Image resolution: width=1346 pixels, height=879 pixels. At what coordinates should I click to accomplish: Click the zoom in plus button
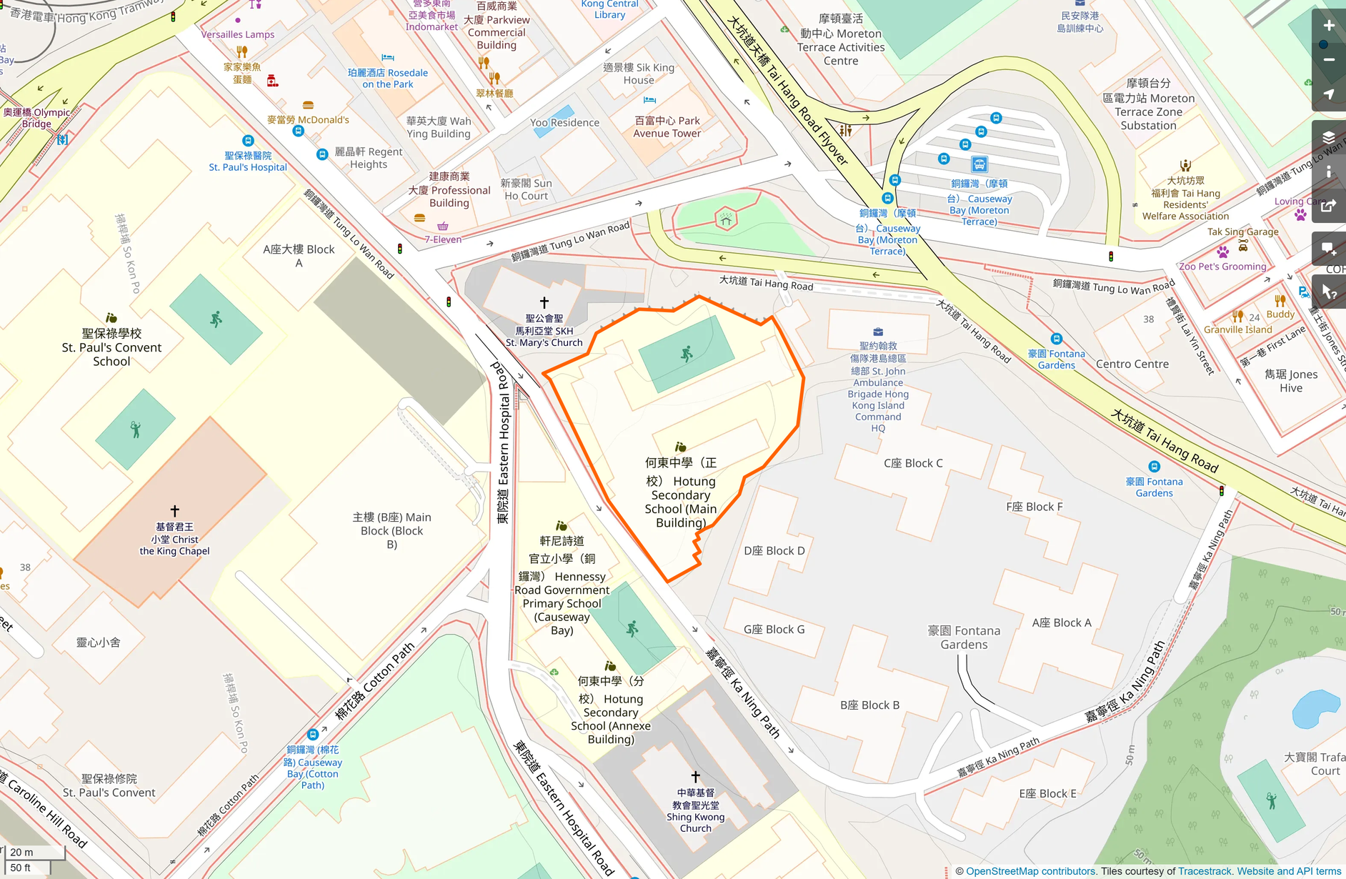1329,26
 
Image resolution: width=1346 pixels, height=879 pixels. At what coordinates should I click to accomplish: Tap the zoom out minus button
1329,60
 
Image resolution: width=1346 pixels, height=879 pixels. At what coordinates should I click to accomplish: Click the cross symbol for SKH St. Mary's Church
544,302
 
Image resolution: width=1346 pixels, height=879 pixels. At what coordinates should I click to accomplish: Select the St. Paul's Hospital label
248,162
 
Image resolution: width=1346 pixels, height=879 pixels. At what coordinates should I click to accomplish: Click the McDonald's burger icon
308,105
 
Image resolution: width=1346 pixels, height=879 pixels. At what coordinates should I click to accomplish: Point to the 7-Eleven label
443,239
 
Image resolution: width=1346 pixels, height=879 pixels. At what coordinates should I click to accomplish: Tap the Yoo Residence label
564,123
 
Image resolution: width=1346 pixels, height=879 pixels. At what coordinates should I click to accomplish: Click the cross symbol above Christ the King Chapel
175,510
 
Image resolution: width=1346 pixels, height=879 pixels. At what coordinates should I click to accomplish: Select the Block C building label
913,463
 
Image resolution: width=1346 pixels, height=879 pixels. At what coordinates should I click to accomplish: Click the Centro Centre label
1132,364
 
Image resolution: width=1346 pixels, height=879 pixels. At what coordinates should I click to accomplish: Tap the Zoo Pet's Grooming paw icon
1223,252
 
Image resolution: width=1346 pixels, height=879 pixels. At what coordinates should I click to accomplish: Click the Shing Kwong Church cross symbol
696,776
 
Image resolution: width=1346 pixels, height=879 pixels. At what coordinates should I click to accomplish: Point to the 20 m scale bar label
21,852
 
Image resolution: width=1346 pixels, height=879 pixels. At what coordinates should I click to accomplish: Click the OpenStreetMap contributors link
1030,871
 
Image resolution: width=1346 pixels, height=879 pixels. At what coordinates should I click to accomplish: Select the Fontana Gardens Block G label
774,629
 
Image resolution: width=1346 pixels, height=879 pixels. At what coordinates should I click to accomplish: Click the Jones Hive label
1291,381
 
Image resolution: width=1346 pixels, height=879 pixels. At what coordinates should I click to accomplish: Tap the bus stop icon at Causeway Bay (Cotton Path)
313,734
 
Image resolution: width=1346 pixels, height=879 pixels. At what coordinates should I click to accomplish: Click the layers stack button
1329,137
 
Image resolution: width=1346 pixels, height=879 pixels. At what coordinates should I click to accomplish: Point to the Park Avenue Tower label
667,126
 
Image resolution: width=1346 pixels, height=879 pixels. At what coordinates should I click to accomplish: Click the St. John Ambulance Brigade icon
878,332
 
